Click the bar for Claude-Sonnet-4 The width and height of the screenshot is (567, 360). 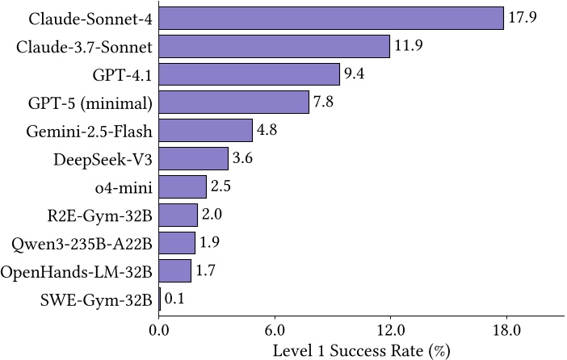[331, 18]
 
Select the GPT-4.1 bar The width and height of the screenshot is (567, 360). [250, 74]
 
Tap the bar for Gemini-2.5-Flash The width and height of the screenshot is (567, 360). [206, 130]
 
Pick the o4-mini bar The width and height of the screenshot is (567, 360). [183, 186]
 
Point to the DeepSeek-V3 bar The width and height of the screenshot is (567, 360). [194, 158]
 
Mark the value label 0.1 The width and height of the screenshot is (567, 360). [174, 299]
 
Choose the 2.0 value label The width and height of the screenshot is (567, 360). [212, 215]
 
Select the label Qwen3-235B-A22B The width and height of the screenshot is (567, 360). [83, 243]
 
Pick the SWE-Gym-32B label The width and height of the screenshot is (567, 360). [96, 299]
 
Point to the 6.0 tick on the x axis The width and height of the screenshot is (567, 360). [275, 331]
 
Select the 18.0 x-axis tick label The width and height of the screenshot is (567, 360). [506, 331]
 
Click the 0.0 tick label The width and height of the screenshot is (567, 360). [159, 331]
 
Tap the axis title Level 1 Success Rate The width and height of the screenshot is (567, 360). [361, 350]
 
